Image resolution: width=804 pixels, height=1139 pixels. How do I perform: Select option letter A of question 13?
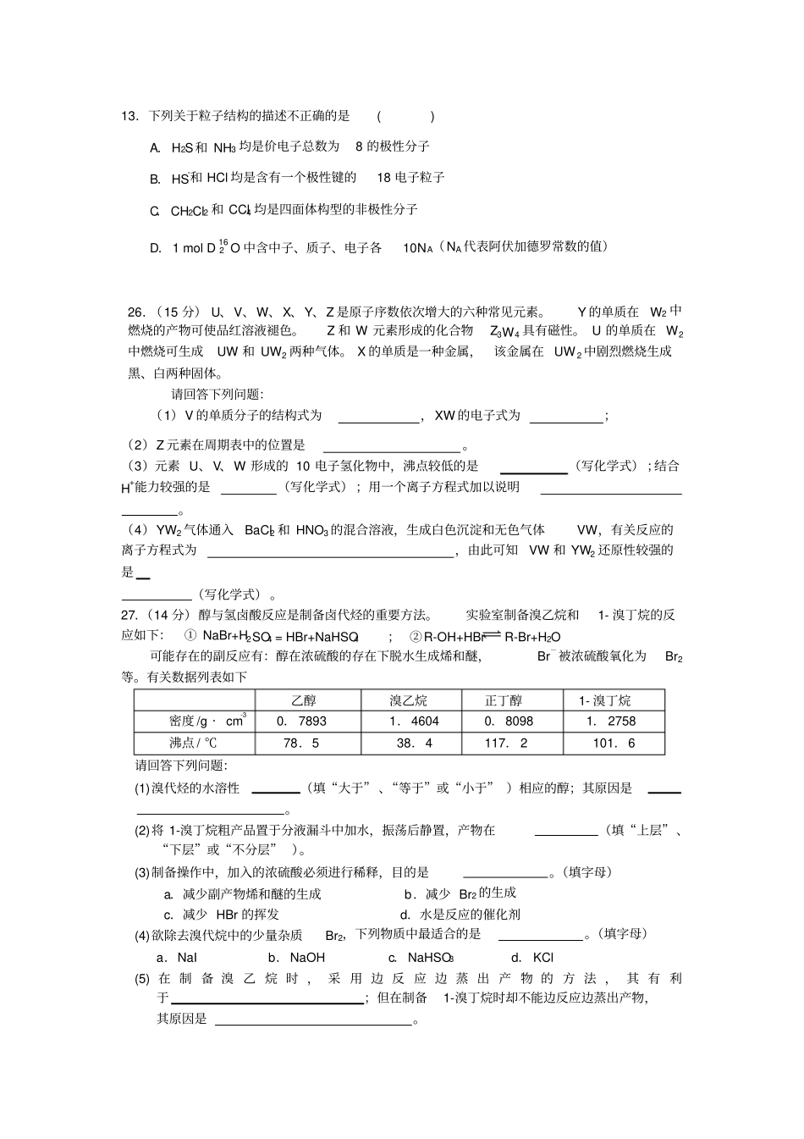[x=155, y=147]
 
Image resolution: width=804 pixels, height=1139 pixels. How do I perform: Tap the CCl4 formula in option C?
[x=240, y=210]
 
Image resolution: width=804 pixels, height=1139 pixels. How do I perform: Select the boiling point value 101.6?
[x=614, y=744]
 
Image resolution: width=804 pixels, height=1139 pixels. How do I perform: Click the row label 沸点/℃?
[x=193, y=744]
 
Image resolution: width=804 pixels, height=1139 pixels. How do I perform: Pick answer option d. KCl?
[x=532, y=958]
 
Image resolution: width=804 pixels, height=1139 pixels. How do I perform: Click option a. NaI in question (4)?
[x=176, y=958]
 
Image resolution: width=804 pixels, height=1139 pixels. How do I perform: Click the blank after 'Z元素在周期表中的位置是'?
[x=391, y=445]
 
